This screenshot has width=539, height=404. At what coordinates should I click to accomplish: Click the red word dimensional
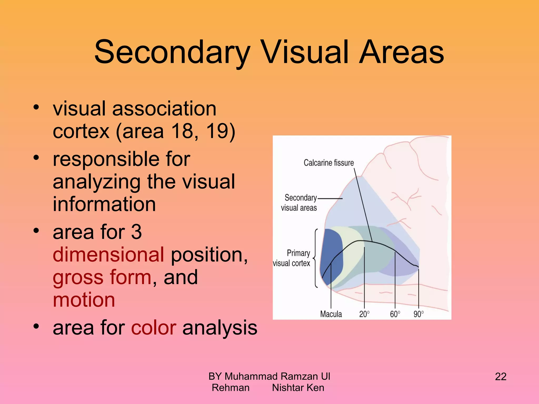click(108, 255)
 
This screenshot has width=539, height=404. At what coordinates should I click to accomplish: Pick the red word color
click(154, 328)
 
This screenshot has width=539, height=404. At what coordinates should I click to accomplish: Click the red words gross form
click(102, 277)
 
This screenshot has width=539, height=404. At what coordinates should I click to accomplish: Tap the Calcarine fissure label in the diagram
click(328, 163)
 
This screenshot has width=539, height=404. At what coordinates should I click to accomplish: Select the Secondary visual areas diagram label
click(299, 203)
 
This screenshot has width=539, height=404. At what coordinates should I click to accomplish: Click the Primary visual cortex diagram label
click(292, 258)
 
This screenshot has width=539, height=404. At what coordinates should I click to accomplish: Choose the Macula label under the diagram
click(331, 314)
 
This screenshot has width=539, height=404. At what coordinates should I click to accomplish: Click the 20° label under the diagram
click(364, 314)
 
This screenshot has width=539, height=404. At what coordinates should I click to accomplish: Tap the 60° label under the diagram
click(395, 314)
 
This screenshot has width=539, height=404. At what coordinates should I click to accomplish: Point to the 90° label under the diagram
click(418, 314)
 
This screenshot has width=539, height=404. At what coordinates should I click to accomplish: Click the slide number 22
click(501, 377)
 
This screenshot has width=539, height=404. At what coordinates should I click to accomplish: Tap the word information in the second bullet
click(104, 204)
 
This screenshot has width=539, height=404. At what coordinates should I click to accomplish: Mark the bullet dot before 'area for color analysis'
click(36, 326)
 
